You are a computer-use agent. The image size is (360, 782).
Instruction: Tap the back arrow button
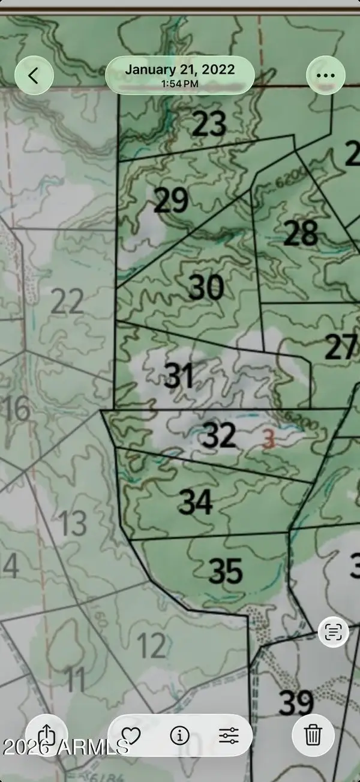pyautogui.click(x=34, y=76)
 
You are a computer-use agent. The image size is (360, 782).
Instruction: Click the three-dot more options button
pyautogui.click(x=325, y=76)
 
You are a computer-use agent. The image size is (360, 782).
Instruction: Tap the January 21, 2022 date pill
pyautogui.click(x=180, y=76)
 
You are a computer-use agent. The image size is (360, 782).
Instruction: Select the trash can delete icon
pyautogui.click(x=313, y=735)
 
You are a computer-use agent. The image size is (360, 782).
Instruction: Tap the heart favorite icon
pyautogui.click(x=130, y=735)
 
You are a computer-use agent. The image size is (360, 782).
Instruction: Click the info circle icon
pyautogui.click(x=179, y=735)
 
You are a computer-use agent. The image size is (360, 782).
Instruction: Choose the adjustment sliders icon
pyautogui.click(x=229, y=735)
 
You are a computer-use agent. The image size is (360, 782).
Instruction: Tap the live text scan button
pyautogui.click(x=333, y=631)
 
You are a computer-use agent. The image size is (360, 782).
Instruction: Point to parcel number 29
pyautogui.click(x=171, y=201)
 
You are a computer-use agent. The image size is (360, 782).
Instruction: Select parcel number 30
pyautogui.click(x=206, y=288)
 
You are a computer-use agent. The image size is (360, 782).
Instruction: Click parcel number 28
pyautogui.click(x=301, y=234)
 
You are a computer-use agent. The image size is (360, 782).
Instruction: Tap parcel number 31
pyautogui.click(x=179, y=377)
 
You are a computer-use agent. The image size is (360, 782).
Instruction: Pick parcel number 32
pyautogui.click(x=219, y=435)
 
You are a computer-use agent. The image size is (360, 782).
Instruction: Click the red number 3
pyautogui.click(x=269, y=441)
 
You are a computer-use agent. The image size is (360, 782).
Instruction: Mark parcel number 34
pyautogui.click(x=196, y=503)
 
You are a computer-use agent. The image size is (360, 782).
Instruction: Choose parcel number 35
pyautogui.click(x=226, y=572)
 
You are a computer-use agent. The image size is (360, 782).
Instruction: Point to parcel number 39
pyautogui.click(x=296, y=703)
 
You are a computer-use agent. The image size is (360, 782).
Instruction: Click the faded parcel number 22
pyautogui.click(x=67, y=302)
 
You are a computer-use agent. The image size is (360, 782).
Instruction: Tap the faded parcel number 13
pyautogui.click(x=73, y=524)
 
